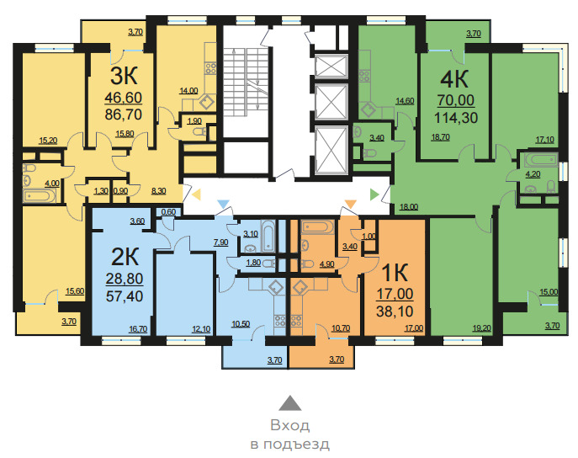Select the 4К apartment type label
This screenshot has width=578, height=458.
[454, 78]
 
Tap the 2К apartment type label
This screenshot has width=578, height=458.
[125, 257]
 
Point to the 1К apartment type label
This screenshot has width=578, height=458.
[395, 272]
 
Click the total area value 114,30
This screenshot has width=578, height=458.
[456, 118]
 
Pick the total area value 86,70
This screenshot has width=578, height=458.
[124, 114]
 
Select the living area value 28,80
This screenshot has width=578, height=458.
[125, 279]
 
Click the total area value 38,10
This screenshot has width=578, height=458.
[395, 312]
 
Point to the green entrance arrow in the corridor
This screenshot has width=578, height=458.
[374, 194]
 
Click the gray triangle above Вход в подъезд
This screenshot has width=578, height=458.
[289, 403]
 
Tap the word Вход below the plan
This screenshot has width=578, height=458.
[289, 425]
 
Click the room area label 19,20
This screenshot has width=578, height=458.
[482, 328]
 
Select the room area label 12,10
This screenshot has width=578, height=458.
[201, 328]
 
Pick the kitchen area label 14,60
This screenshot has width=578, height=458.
[405, 101]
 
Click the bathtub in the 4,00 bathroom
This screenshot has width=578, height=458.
[40, 196]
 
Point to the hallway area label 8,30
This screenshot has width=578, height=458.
[158, 191]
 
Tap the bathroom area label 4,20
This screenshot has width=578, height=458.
[533, 174]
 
